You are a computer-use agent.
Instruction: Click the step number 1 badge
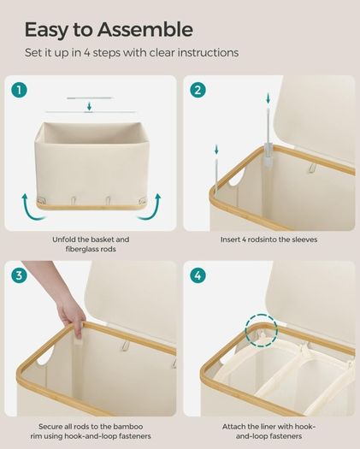pos(19,90)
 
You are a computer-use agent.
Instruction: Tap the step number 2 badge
pos(198,90)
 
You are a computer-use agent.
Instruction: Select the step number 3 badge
pos(19,275)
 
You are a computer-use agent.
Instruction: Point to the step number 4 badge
pos(198,275)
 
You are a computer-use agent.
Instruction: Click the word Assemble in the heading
pos(145,29)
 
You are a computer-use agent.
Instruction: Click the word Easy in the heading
pos(45,31)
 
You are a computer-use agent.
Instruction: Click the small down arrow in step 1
pos(89,107)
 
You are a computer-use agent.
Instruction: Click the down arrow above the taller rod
pos(268,98)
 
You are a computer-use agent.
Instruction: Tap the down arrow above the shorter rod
pos(216,150)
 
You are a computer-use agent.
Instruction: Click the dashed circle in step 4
pos(262,315)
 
